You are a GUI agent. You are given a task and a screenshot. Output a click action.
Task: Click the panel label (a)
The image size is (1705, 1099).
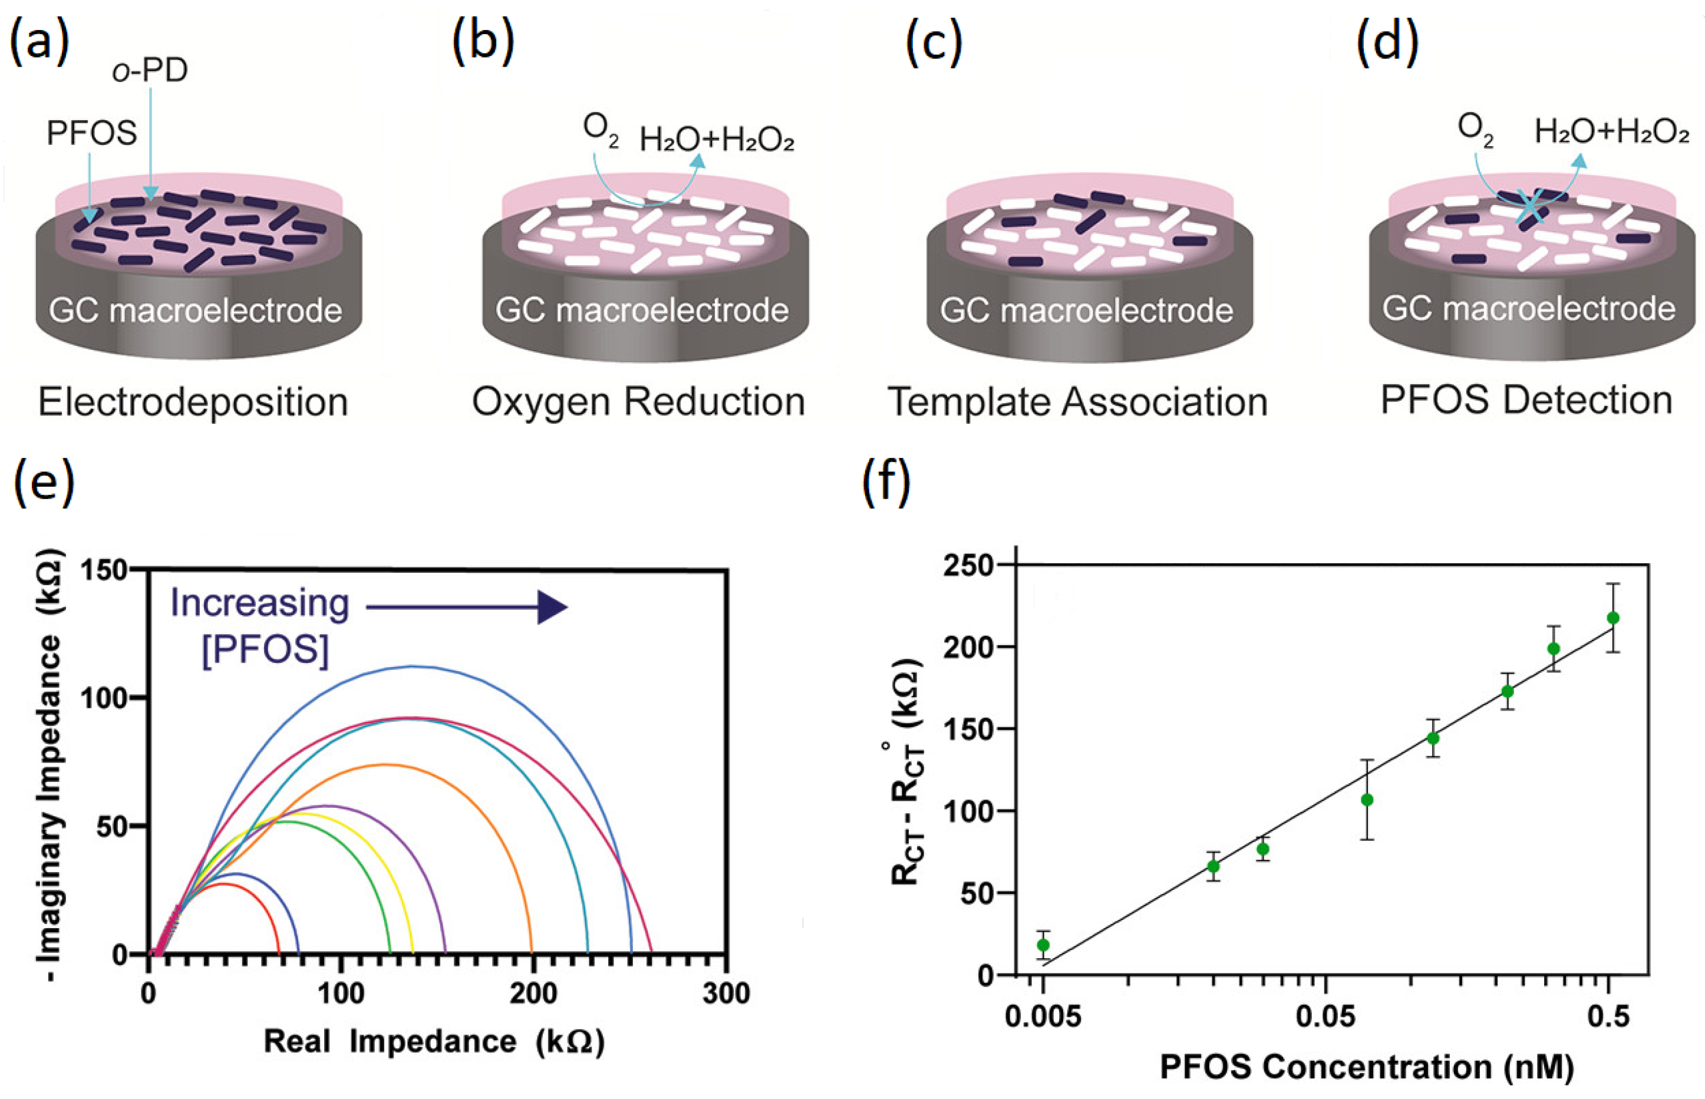point(39,41)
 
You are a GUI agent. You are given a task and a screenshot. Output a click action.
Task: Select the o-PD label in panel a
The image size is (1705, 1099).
point(150,71)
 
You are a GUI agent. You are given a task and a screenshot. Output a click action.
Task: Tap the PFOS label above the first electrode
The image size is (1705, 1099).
point(91,133)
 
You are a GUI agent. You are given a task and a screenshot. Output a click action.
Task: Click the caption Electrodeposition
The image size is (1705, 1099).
point(193,402)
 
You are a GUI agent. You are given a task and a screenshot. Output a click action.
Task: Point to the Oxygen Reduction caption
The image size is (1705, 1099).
point(638,402)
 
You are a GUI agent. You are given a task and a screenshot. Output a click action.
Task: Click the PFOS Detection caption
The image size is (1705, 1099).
point(1526,400)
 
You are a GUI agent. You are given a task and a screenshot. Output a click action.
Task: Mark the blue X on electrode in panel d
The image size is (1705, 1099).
point(1529,207)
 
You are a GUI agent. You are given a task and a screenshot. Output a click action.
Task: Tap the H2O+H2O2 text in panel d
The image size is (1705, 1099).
point(1611,132)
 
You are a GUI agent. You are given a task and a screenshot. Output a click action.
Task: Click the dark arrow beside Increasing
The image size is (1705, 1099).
point(467,608)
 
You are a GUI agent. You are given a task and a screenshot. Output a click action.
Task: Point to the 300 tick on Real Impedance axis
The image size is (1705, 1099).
point(726,994)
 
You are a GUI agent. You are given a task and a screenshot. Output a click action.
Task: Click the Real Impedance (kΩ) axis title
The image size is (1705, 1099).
point(434,1041)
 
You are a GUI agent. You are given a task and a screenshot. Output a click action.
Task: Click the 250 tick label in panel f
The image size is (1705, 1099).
point(968,566)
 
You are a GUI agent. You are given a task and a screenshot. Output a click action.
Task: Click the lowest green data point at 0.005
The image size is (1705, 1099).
point(1043,945)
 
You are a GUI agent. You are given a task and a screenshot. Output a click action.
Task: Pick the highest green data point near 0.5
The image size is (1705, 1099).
point(1612,618)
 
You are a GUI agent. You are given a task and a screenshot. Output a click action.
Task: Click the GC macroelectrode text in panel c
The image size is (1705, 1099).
point(1086,311)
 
